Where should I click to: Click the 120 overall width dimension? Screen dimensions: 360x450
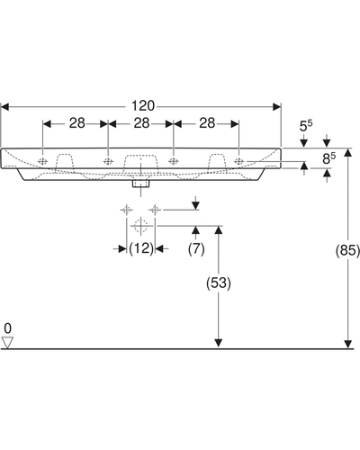click(x=143, y=106)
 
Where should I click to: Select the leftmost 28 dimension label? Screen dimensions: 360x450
click(x=77, y=123)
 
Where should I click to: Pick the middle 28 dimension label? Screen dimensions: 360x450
click(x=141, y=123)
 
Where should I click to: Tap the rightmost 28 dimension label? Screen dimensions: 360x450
click(x=207, y=123)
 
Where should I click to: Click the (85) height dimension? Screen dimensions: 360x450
click(x=347, y=250)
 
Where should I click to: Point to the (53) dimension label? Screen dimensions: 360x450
click(x=219, y=283)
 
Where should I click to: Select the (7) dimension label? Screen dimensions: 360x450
click(x=196, y=248)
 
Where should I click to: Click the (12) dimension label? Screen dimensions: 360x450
click(x=141, y=248)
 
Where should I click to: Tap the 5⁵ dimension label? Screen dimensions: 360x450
click(x=306, y=125)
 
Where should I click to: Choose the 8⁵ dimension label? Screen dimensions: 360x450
click(x=329, y=158)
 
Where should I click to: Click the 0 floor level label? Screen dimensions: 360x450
click(x=8, y=328)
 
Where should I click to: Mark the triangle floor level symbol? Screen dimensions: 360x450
click(x=7, y=343)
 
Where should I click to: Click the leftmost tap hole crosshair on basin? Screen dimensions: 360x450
click(x=43, y=161)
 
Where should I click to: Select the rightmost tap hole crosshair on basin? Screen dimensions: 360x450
click(x=238, y=161)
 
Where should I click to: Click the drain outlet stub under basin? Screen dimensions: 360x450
click(x=140, y=184)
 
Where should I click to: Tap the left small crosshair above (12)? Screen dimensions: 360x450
click(x=127, y=210)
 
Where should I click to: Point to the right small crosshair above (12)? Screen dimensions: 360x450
click(x=155, y=210)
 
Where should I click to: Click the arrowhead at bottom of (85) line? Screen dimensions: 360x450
click(x=347, y=345)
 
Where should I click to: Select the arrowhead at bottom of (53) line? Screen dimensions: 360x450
click(x=219, y=343)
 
